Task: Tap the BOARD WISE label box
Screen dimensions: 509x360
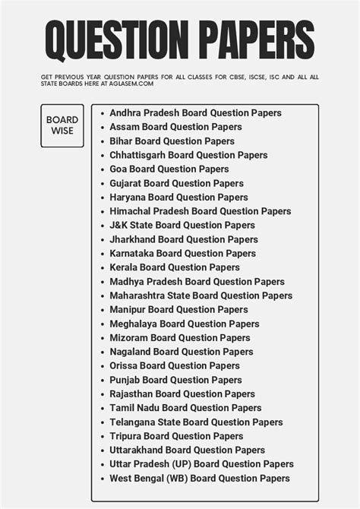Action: [x=62, y=125]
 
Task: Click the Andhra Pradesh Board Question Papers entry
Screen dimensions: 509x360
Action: [x=195, y=113]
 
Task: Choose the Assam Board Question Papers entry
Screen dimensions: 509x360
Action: [x=175, y=127]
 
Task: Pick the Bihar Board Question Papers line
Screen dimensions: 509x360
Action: [x=172, y=141]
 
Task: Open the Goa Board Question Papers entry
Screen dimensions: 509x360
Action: [x=169, y=169]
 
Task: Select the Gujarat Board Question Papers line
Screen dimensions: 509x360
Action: [x=176, y=183]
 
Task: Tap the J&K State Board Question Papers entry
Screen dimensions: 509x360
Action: [x=182, y=226]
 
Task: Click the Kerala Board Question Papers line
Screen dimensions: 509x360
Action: [x=174, y=267]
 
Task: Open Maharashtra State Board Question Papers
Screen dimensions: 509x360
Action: [x=201, y=296]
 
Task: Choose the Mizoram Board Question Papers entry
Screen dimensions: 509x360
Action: [x=179, y=338]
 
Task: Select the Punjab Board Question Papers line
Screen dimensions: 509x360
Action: [x=175, y=380]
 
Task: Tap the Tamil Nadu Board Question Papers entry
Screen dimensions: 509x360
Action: [x=185, y=408]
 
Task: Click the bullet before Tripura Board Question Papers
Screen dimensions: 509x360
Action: [x=102, y=436]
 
